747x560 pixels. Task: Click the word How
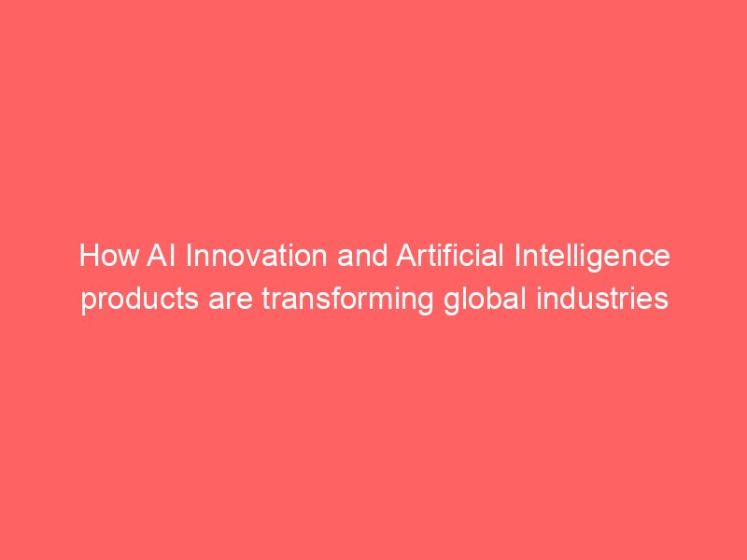click(x=109, y=256)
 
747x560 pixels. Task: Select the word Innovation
click(x=256, y=256)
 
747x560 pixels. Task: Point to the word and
click(x=362, y=256)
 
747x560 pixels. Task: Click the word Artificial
click(x=450, y=256)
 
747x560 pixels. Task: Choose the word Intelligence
click(x=592, y=258)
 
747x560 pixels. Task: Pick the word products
click(x=139, y=301)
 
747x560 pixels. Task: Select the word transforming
click(x=347, y=301)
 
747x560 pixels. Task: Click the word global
click(x=485, y=301)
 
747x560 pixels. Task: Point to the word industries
click(x=602, y=299)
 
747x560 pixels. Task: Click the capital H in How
click(x=88, y=256)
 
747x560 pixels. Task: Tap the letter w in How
click(x=128, y=259)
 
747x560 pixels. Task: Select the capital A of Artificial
click(x=405, y=256)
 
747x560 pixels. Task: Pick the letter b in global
click(x=489, y=299)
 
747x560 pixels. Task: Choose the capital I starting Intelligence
click(x=517, y=256)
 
